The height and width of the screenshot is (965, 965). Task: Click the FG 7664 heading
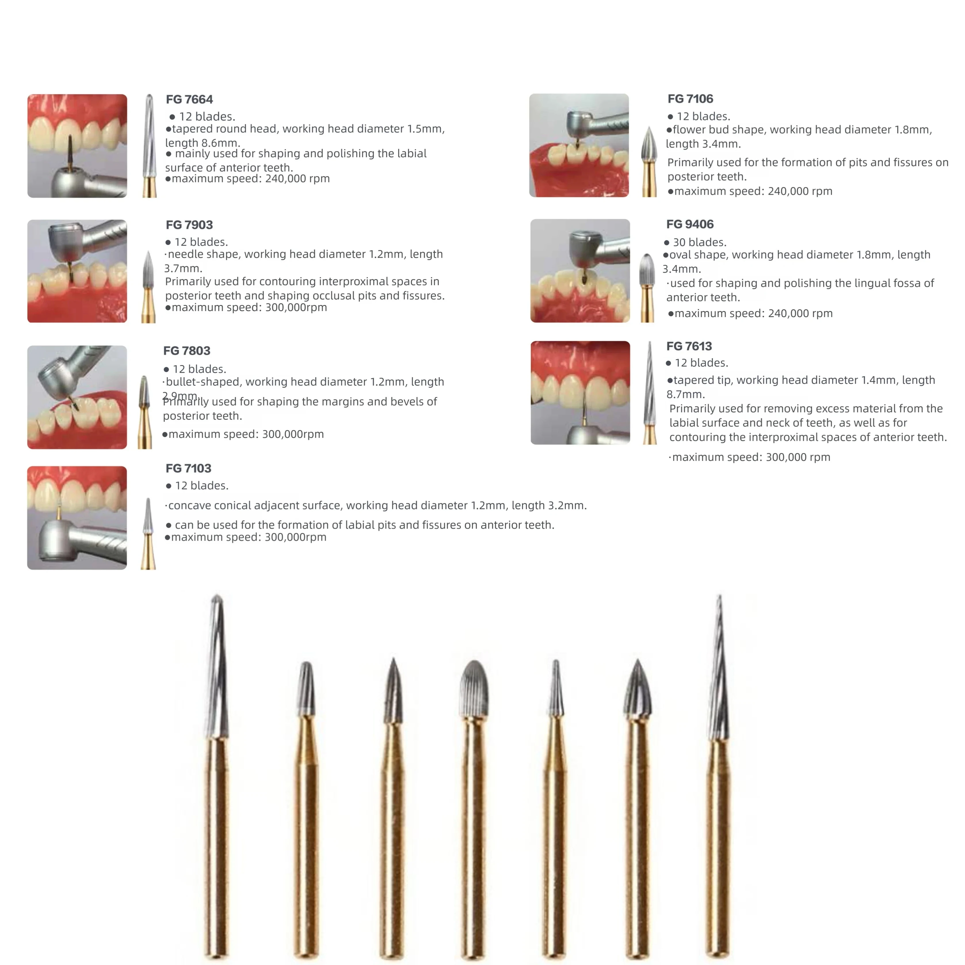click(189, 99)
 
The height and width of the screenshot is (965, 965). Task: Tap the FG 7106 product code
click(690, 99)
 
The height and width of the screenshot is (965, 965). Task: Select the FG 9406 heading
click(690, 224)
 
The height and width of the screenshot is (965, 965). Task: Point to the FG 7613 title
click(689, 346)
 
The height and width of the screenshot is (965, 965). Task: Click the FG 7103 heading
click(188, 468)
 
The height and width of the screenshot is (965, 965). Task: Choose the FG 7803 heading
click(187, 351)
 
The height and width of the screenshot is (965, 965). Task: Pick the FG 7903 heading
click(189, 225)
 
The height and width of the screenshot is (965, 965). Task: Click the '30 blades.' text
click(699, 242)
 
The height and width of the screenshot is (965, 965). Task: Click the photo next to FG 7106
click(579, 145)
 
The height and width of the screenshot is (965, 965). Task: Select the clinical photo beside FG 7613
click(580, 393)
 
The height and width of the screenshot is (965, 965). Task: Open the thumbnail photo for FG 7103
click(77, 518)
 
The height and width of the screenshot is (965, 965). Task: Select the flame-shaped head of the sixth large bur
click(638, 689)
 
